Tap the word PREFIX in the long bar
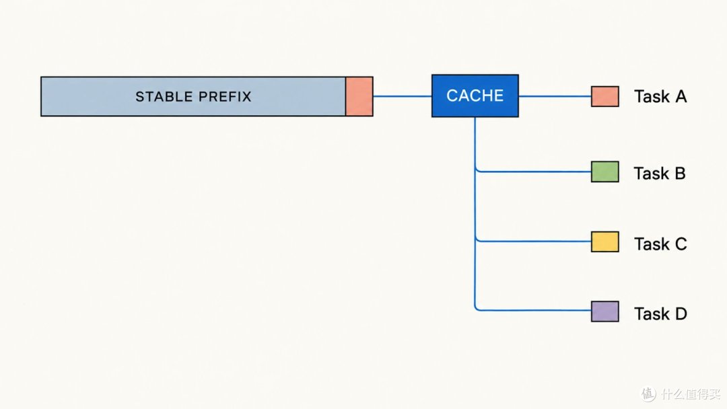[x=225, y=96]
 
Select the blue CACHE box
[x=475, y=96]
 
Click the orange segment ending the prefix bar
[x=359, y=96]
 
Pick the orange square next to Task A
[x=605, y=96]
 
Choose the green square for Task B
[x=605, y=172]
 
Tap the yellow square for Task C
[x=605, y=241]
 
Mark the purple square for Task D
[x=605, y=311]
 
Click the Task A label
[x=660, y=97]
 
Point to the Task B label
[x=660, y=174]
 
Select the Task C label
[x=661, y=244]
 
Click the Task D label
[x=661, y=314]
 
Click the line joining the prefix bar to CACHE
[x=403, y=96]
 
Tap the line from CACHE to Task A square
[x=555, y=96]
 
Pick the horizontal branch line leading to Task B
[x=533, y=172]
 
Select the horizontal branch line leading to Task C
[x=533, y=241]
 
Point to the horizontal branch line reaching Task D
[x=533, y=310]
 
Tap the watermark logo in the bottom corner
[x=649, y=394]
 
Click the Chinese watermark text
[x=691, y=394]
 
